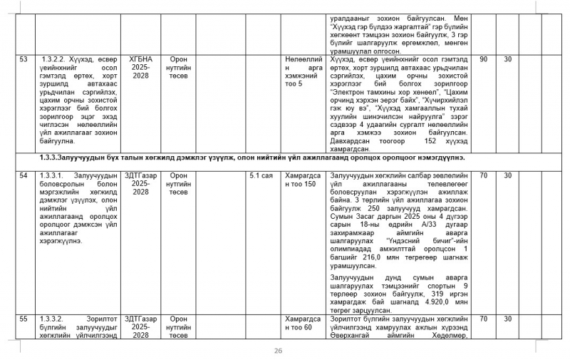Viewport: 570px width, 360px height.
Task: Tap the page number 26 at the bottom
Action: [279, 350]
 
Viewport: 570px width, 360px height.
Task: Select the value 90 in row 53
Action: [483, 59]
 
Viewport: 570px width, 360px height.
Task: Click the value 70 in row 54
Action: [483, 175]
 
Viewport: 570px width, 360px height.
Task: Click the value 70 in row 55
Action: [483, 319]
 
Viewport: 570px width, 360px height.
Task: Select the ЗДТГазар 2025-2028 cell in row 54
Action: [141, 183]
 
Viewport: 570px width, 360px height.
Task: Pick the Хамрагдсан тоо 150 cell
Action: [303, 179]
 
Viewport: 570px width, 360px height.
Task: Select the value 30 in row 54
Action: [508, 175]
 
